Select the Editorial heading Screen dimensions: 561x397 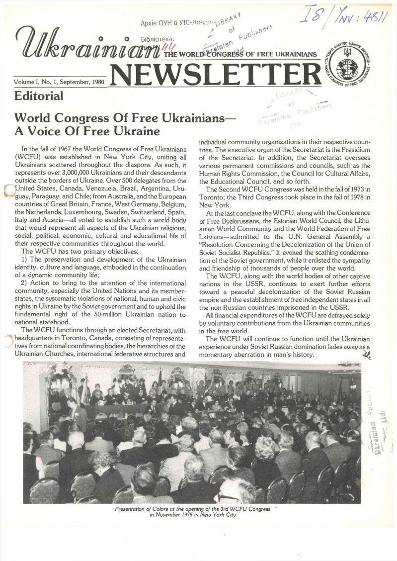[x=39, y=96]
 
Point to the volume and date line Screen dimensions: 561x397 [x=59, y=81]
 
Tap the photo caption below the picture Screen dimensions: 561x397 [x=192, y=512]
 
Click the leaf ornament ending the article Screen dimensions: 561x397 [x=367, y=355]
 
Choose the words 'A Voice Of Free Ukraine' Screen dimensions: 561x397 [x=87, y=131]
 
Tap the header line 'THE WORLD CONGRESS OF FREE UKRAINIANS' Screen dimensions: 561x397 [x=240, y=54]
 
